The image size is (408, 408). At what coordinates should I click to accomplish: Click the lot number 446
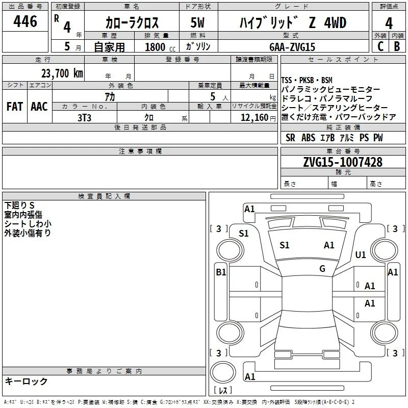(x=25, y=21)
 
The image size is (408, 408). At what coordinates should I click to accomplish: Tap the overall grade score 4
(x=389, y=23)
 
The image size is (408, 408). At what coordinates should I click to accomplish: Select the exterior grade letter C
(x=380, y=46)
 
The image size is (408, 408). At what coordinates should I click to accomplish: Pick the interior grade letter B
(x=397, y=46)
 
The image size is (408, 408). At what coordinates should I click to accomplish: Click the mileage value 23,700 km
(x=62, y=73)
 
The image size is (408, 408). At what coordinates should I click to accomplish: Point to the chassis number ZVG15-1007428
(x=343, y=162)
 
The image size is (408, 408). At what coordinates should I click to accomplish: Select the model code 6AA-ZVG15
(x=292, y=47)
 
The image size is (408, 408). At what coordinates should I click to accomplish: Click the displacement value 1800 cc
(x=160, y=47)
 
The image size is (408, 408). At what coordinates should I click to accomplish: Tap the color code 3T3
(x=84, y=118)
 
